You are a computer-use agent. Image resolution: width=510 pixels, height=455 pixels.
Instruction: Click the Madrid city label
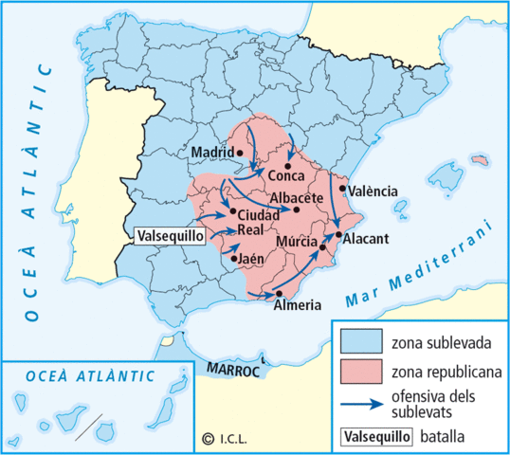click(211, 152)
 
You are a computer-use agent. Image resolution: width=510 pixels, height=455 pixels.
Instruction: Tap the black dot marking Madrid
click(241, 152)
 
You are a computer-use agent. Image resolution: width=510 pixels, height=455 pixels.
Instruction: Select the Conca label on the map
click(285, 176)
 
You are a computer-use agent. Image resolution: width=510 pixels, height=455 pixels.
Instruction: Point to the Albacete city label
click(298, 197)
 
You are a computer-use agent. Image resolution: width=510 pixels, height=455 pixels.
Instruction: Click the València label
click(373, 191)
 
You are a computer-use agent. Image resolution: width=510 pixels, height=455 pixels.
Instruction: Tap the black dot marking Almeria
click(279, 293)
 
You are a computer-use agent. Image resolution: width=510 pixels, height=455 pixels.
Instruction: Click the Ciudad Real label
click(258, 222)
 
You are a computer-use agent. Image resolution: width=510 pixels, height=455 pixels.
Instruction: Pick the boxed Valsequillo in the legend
click(375, 436)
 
